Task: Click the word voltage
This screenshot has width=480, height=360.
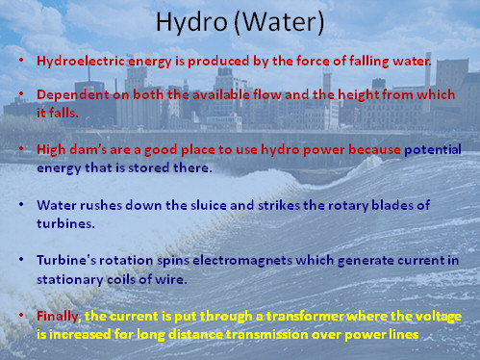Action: (x=435, y=316)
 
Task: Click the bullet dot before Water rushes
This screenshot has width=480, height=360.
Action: (x=22, y=205)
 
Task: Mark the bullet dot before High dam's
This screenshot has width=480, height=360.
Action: (x=22, y=150)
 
